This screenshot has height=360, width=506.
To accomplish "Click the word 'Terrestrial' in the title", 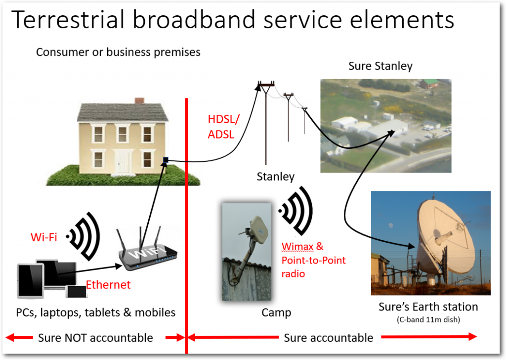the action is click(68, 19).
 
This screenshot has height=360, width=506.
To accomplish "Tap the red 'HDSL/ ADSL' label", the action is click(223, 127).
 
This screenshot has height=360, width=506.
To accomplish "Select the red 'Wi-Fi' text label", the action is click(43, 237).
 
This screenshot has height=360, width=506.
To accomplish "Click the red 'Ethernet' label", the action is click(108, 285).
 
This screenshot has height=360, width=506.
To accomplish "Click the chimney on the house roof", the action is click(139, 100).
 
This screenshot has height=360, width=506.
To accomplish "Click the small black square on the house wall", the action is click(166, 160).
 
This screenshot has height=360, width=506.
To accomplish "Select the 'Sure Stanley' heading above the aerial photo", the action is click(380, 66).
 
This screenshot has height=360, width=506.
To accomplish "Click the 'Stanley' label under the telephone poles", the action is click(276, 177).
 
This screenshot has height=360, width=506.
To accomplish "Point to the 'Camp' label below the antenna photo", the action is click(276, 313).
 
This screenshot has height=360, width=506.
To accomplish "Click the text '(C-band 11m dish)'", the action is click(428, 319).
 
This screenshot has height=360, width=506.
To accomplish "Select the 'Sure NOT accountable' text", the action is click(95, 338).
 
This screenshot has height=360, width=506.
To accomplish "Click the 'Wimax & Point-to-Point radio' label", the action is click(313, 260).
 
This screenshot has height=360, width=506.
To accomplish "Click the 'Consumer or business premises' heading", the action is click(118, 52).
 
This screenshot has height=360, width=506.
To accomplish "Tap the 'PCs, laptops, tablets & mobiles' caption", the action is click(95, 313).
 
